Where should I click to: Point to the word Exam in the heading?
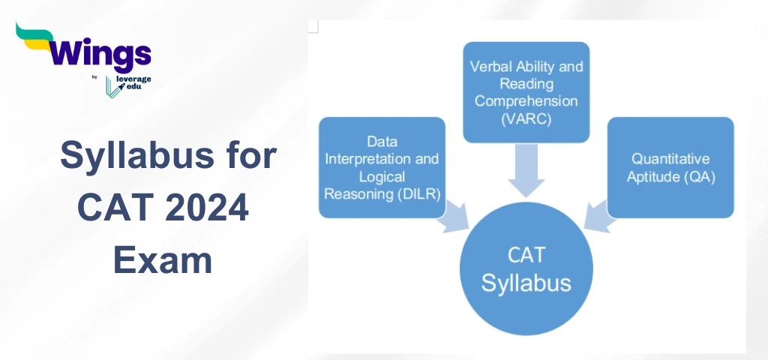pyautogui.click(x=163, y=259)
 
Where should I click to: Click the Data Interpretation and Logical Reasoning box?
pyautogui.click(x=382, y=167)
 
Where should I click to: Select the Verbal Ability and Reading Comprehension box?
pyautogui.click(x=526, y=91)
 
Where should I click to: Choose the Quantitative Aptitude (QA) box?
pyautogui.click(x=670, y=167)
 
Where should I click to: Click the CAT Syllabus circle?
pyautogui.click(x=526, y=269)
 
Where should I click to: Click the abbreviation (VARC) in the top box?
pyautogui.click(x=526, y=118)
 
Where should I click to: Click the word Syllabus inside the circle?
pyautogui.click(x=526, y=283)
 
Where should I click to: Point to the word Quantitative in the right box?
pyautogui.click(x=670, y=159)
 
